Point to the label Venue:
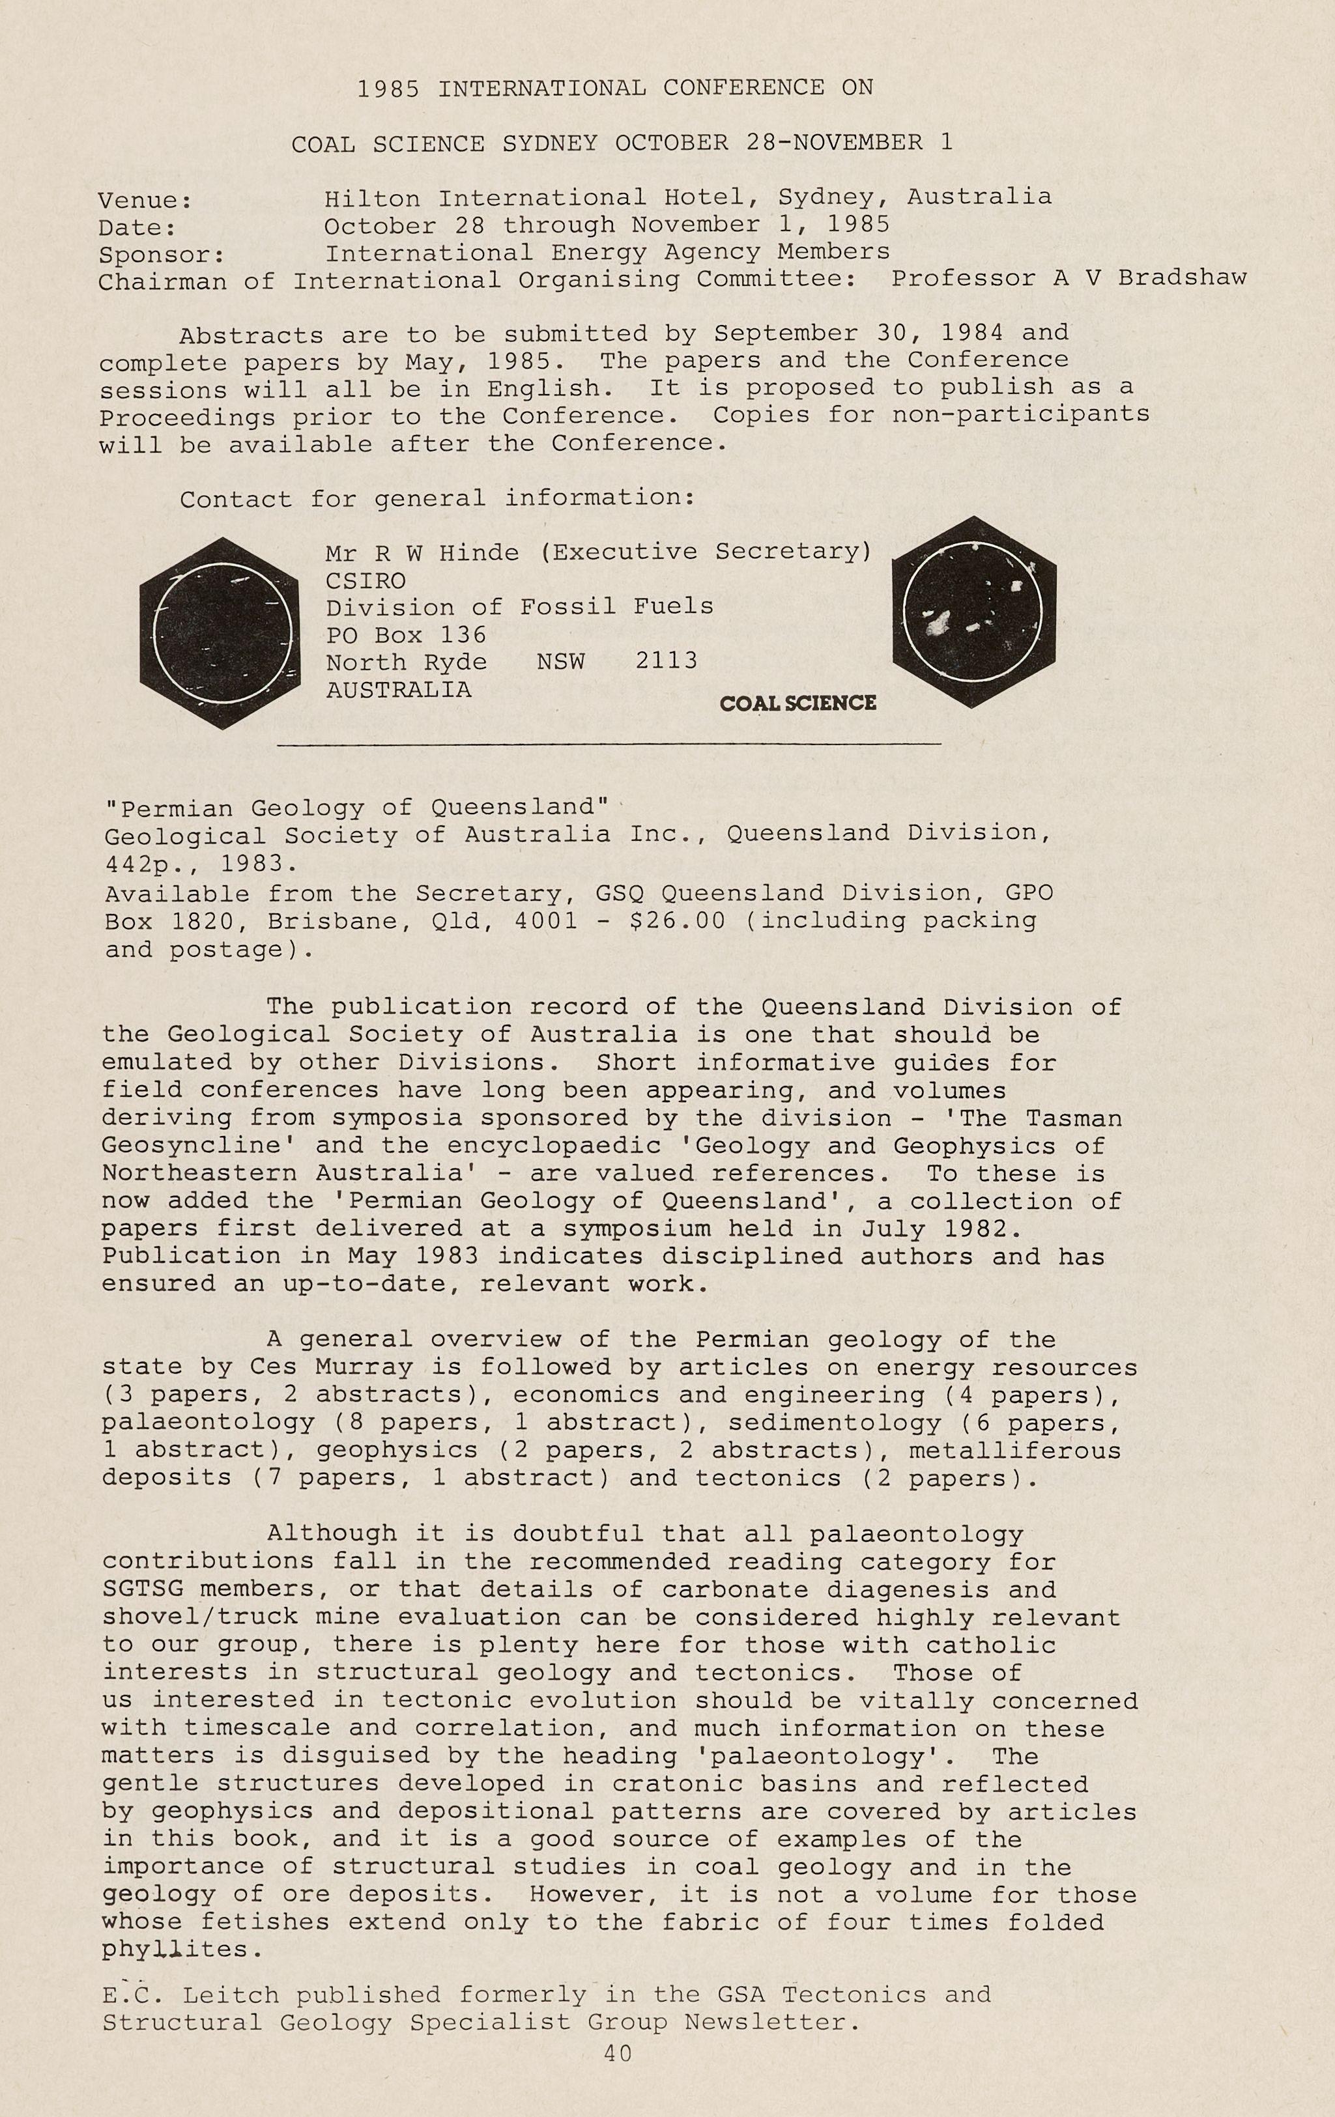(x=145, y=201)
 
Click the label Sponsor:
(x=162, y=256)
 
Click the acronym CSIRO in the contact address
(x=366, y=580)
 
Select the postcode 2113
(x=666, y=661)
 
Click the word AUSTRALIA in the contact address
(x=398, y=689)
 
